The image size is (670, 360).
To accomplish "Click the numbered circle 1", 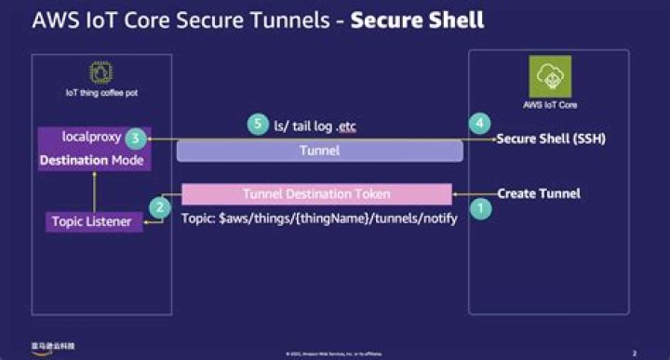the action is (x=480, y=209).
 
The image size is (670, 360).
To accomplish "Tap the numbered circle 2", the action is (x=160, y=207).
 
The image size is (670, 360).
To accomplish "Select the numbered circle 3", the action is (x=136, y=138).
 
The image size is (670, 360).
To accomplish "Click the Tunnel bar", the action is (x=319, y=150).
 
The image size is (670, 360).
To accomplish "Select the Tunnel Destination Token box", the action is (x=316, y=194).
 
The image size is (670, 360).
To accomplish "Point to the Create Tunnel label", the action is (x=539, y=193).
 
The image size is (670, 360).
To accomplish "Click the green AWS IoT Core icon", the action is (x=548, y=74).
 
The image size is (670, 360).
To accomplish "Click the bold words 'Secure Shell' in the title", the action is (x=417, y=20).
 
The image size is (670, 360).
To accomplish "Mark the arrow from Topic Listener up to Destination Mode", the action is (x=94, y=191).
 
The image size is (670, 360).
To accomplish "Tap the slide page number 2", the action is (x=634, y=353).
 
